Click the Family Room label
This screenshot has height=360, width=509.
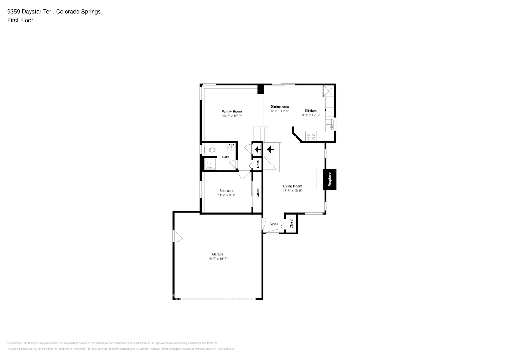coord(231,112)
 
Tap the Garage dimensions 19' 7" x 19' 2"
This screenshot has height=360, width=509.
coord(217,259)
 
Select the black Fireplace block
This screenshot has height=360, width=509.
coord(329,180)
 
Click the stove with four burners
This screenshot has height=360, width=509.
coord(311,136)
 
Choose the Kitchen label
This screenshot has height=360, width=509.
coord(311,111)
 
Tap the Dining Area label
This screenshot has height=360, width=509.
coord(280,107)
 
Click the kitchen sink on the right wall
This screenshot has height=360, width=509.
coord(329,125)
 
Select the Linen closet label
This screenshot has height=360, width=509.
coord(258,164)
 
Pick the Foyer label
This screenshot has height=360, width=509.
coord(274,224)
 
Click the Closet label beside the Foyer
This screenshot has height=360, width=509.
coord(291,223)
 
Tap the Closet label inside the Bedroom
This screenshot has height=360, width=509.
coord(258,192)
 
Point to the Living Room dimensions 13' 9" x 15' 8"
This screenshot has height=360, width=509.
coord(292,191)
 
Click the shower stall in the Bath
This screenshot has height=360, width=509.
coord(210,164)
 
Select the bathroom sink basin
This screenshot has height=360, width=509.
coord(231,147)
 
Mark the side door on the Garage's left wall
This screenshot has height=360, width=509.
coord(177,236)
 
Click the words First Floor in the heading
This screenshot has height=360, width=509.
coord(20,20)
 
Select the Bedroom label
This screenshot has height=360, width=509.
coord(226,191)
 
